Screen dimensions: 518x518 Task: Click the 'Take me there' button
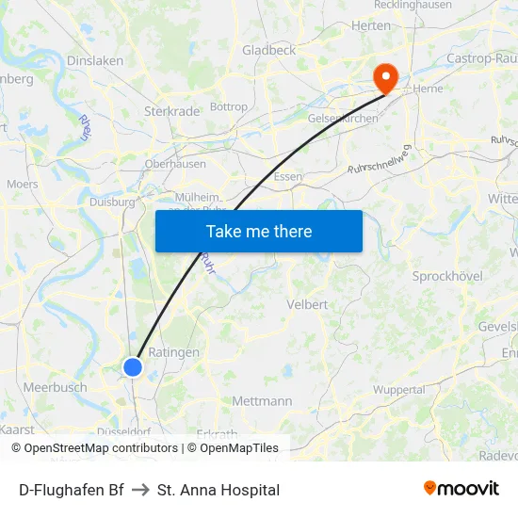[x=258, y=232]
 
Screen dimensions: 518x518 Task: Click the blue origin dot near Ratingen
[x=133, y=367]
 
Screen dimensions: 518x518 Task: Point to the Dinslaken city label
[x=95, y=60]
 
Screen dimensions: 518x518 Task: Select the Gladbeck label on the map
[x=268, y=50]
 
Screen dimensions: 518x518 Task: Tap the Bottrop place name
[x=229, y=107]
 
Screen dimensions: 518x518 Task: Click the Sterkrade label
[x=171, y=111]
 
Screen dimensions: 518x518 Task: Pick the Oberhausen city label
[x=175, y=164]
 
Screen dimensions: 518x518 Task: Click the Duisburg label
[x=112, y=202]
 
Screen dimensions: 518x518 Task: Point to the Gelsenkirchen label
[x=343, y=119]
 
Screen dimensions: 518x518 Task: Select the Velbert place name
[x=307, y=304]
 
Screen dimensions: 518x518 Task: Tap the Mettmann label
[x=262, y=401]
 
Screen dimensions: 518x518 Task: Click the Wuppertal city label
[x=398, y=389]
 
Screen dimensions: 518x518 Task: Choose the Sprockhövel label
[x=447, y=276]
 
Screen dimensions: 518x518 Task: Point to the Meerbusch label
[x=55, y=387]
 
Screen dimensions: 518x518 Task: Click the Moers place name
[x=23, y=185]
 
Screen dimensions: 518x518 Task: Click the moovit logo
[x=461, y=489]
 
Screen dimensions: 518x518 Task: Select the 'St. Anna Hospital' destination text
[x=219, y=490]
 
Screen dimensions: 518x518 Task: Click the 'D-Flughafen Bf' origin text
[x=72, y=490]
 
